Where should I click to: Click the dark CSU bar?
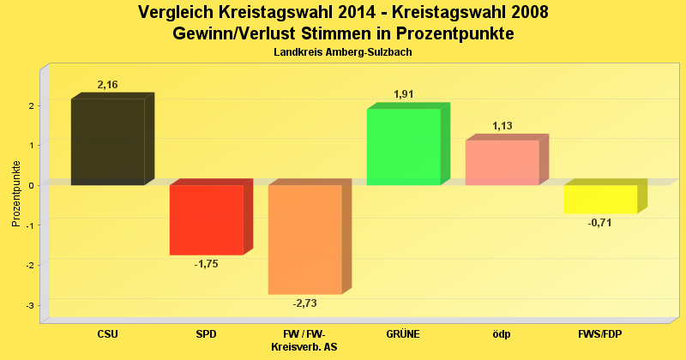(107, 141)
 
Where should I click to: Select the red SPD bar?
(206, 219)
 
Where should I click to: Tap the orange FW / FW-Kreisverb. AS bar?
(304, 239)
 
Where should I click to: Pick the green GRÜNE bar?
(403, 147)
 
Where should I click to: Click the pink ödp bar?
(502, 162)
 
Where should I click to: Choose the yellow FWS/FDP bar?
(600, 199)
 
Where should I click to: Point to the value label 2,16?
(108, 85)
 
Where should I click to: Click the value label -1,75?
(206, 264)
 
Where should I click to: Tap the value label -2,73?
(305, 303)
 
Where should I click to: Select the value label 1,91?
(404, 94)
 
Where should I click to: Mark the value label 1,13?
(502, 126)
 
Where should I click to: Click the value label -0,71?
(600, 223)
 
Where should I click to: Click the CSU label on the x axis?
(108, 334)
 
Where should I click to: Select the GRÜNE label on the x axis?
(404, 334)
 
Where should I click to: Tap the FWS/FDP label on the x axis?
(600, 334)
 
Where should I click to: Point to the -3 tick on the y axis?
(30, 305)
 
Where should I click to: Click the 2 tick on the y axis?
(30, 105)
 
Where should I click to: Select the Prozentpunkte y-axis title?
(16, 194)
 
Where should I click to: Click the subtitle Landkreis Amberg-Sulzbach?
(343, 52)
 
